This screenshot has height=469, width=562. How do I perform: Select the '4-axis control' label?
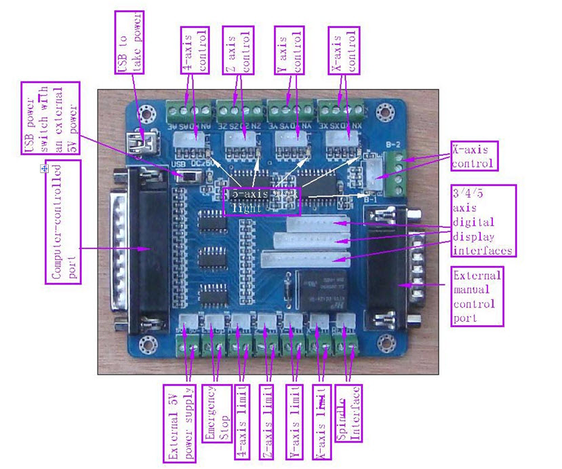click(x=196, y=50)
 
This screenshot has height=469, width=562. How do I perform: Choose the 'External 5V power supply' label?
click(x=179, y=423)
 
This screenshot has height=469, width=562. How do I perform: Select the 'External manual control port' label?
click(x=477, y=296)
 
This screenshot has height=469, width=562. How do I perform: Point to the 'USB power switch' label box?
click(x=50, y=117)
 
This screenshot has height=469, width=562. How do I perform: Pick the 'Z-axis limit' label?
click(x=269, y=423)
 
